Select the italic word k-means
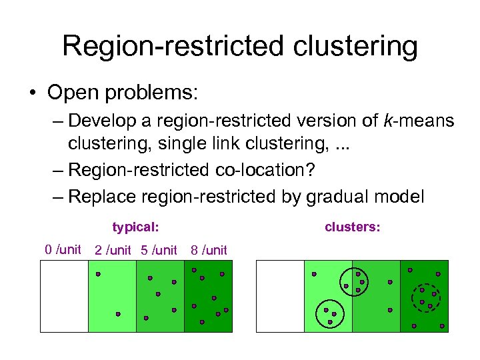(x=419, y=121)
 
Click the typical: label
(x=135, y=227)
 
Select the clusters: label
(x=353, y=227)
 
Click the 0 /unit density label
(x=63, y=250)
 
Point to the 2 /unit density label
(x=113, y=251)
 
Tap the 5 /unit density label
(x=159, y=251)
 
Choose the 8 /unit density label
(x=209, y=251)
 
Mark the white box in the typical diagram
(x=64, y=296)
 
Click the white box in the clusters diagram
(x=280, y=296)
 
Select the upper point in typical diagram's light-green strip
(x=98, y=274)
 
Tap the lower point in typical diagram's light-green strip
(x=118, y=313)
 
